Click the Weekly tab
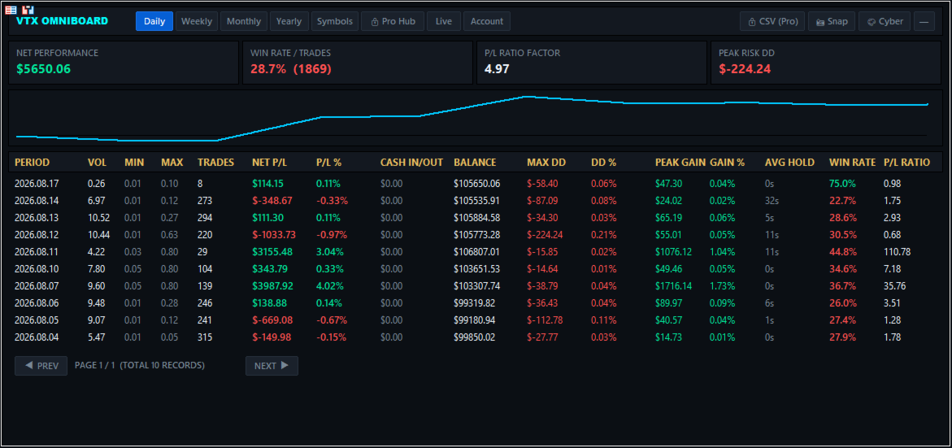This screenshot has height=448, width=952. click(197, 21)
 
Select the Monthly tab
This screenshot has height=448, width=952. click(243, 21)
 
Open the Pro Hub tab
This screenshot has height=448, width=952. click(393, 21)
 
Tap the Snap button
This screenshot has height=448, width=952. click(832, 21)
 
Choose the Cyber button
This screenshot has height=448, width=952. click(885, 21)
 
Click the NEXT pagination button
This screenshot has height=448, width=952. click(272, 365)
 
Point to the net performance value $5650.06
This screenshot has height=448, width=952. click(44, 68)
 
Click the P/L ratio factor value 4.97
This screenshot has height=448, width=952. click(497, 68)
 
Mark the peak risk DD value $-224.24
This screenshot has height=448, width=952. click(745, 68)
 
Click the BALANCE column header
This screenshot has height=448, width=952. click(475, 162)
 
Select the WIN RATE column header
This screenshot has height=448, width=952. click(853, 162)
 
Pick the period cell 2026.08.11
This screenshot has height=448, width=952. click(37, 251)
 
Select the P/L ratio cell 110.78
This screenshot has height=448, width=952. click(898, 251)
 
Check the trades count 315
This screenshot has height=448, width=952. click(205, 337)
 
